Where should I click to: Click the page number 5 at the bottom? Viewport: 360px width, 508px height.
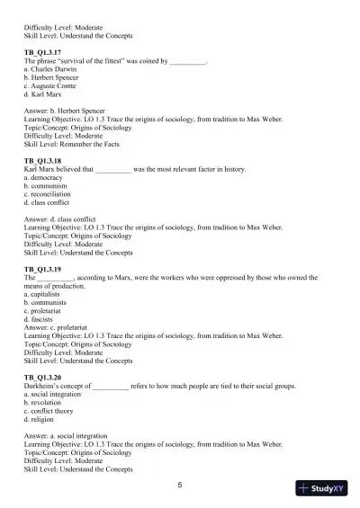tap(180, 485)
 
